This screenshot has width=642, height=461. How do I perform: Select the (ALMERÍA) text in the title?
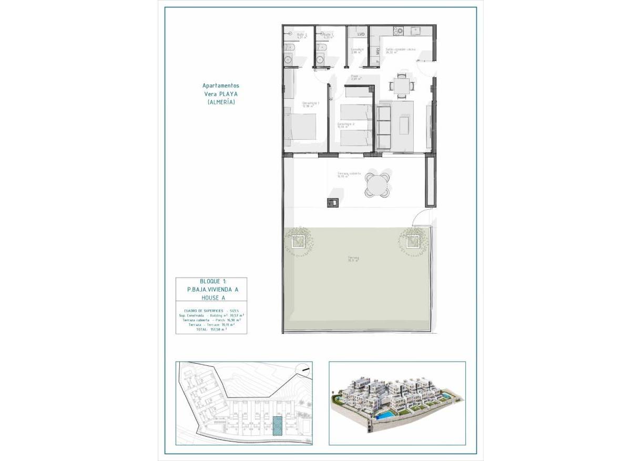coord(221,102)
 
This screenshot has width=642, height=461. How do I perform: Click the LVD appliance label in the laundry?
coord(361,34)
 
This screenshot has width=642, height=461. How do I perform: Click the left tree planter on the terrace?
coord(298,241)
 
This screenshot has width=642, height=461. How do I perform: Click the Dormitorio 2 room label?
coord(346,125)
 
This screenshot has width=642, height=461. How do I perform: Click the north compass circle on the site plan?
coord(301,370)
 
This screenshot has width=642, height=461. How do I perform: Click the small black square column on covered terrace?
coord(332,201)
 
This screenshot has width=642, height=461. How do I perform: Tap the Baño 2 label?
coord(301,35)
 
